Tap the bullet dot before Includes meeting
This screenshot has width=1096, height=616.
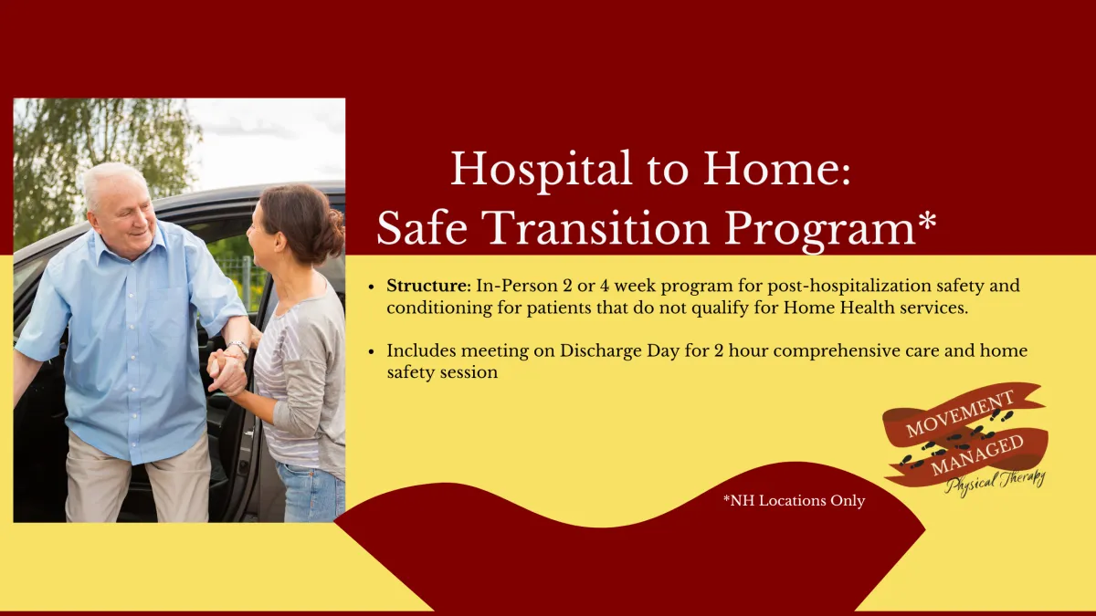[372, 351]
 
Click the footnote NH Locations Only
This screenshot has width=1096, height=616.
[794, 501]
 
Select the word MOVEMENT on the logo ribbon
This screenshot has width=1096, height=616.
[960, 413]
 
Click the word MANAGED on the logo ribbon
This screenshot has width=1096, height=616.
[976, 455]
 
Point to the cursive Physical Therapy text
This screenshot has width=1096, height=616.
[995, 484]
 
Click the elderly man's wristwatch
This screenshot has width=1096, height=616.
[239, 347]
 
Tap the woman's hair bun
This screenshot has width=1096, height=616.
[337, 234]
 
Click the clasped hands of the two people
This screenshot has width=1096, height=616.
[227, 371]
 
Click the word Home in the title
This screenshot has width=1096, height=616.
[776, 169]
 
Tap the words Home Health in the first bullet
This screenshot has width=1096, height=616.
[839, 308]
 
